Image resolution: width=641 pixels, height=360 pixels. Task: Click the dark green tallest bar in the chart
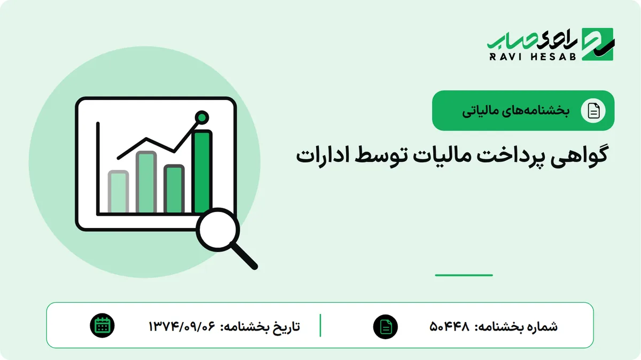tap(202, 171)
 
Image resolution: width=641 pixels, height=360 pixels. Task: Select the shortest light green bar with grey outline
tap(118, 192)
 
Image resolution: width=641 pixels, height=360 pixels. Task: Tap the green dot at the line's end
tap(202, 118)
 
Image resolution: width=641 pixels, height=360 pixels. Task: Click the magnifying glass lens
tap(218, 230)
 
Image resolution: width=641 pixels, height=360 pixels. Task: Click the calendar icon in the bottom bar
tap(102, 326)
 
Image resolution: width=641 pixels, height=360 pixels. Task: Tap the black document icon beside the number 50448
tap(386, 327)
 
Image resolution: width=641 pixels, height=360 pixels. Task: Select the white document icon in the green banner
tap(593, 111)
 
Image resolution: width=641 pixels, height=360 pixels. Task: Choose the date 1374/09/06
tap(182, 326)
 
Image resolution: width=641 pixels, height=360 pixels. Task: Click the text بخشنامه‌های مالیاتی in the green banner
tap(515, 111)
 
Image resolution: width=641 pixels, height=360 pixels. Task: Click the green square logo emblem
tap(598, 44)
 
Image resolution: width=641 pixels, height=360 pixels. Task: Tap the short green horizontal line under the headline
tap(464, 275)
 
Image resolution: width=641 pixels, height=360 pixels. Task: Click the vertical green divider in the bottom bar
tap(320, 325)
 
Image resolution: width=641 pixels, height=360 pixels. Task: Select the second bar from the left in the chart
tap(146, 182)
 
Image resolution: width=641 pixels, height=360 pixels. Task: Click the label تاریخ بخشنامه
tap(260, 326)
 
